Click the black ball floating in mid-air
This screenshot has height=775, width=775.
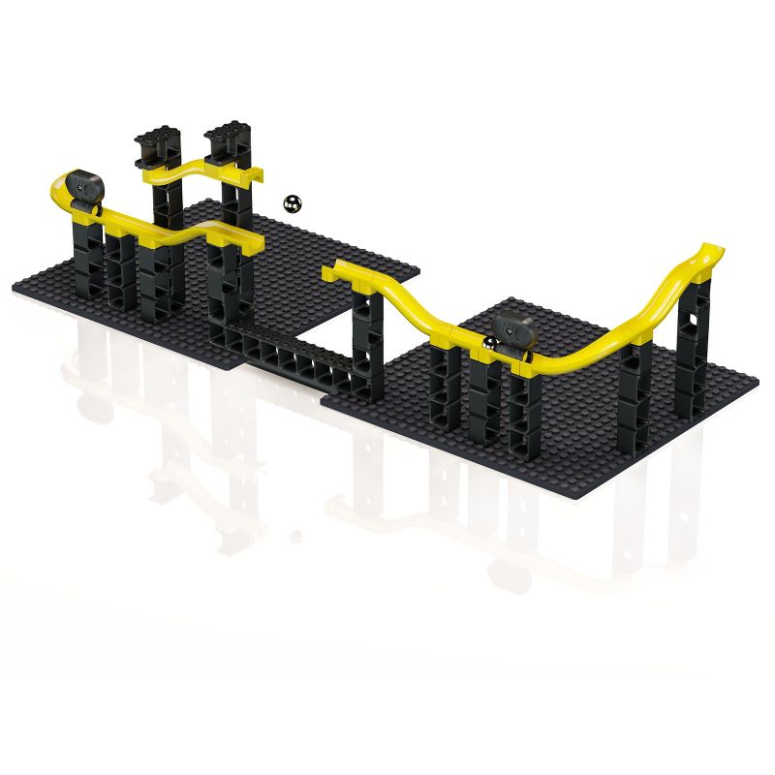[x=292, y=202]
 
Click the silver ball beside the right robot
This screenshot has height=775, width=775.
[x=491, y=345]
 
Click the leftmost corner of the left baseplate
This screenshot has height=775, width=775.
[x=15, y=287]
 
